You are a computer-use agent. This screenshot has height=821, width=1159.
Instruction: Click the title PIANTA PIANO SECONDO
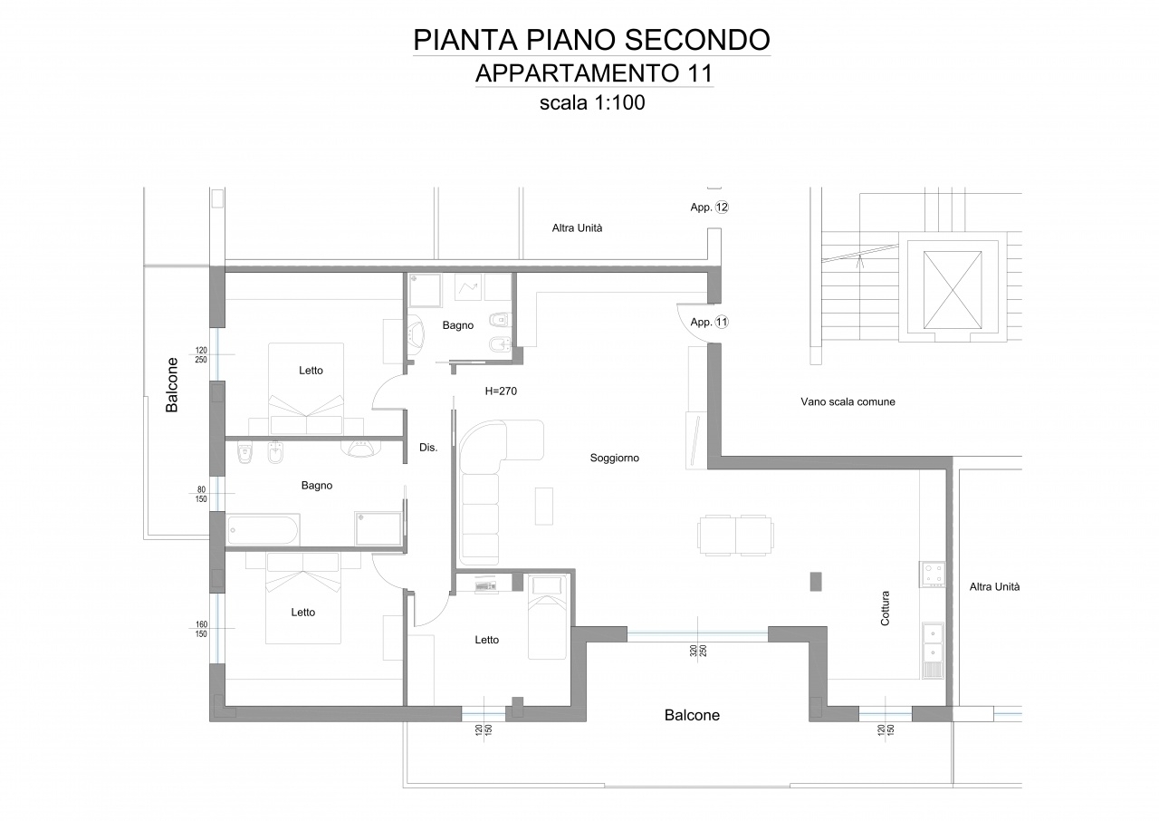tap(592, 40)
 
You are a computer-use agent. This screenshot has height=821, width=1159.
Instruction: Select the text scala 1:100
tap(592, 102)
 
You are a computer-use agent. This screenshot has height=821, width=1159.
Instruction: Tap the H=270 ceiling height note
tap(501, 391)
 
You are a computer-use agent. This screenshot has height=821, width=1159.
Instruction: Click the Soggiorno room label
tap(615, 459)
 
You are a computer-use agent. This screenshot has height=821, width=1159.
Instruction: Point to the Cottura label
tap(886, 608)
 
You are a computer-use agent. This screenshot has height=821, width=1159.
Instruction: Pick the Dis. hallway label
tap(428, 448)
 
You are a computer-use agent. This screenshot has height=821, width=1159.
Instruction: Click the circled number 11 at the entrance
tap(722, 322)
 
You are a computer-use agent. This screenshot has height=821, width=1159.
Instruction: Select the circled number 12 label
tap(722, 207)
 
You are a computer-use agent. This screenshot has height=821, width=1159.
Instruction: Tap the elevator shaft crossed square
tap(953, 290)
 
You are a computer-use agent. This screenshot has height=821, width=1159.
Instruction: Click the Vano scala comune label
tap(848, 401)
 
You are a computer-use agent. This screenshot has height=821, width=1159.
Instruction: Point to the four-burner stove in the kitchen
tap(933, 575)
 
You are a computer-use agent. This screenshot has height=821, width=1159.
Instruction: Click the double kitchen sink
tap(933, 642)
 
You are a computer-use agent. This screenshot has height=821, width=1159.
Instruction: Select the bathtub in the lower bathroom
tap(263, 529)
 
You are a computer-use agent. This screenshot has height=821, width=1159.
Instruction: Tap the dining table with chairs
tap(735, 536)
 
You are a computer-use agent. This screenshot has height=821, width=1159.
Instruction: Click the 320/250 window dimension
tap(698, 651)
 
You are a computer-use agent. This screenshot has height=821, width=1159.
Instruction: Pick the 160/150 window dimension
tap(201, 629)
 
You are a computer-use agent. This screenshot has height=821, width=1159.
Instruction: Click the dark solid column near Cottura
tap(816, 582)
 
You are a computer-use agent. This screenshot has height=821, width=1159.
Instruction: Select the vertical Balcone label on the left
tap(172, 385)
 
